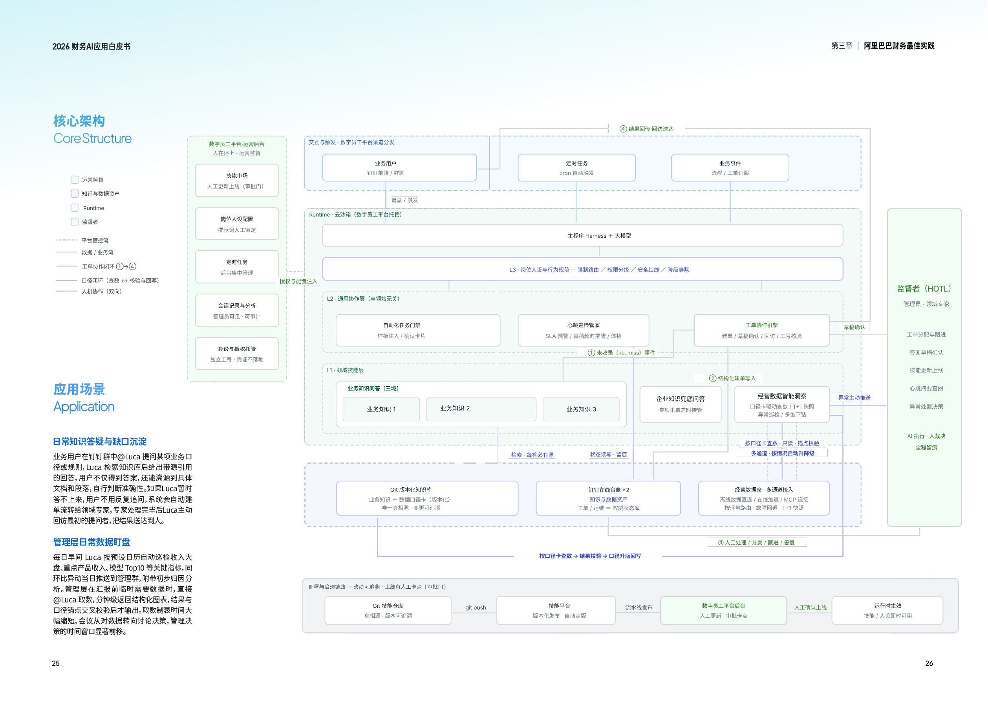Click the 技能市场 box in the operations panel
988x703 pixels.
[237, 180]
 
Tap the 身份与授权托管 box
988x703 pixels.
[237, 354]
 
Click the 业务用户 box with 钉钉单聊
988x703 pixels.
[399, 167]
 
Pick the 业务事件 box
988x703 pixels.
[730, 167]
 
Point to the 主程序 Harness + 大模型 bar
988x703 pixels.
[583, 235]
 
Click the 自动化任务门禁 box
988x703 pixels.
[418, 330]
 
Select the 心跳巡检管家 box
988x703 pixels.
[583, 330]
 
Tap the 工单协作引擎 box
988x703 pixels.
[761, 330]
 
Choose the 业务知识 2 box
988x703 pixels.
[481, 409]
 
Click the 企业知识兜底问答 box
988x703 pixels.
[681, 404]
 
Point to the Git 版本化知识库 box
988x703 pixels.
[427, 498]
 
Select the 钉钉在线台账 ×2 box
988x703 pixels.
[608, 498]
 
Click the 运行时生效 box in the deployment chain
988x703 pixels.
[887, 610]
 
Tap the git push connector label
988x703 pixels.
[476, 608]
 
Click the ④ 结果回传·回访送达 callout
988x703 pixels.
[646, 128]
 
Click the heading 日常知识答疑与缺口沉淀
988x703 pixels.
[100, 442]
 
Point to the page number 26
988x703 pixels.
[929, 663]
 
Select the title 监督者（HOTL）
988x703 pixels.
[924, 289]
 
